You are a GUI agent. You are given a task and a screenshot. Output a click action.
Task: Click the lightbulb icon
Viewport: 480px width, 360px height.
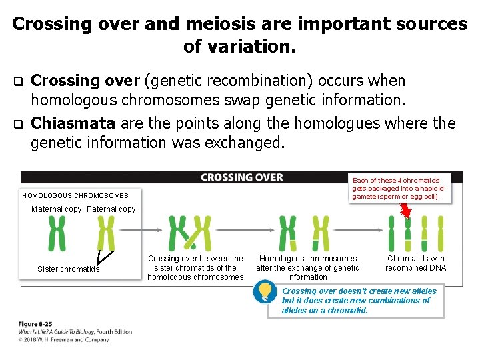tap(266, 291)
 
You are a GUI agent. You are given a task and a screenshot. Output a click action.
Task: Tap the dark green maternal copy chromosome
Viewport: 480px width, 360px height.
tap(57, 233)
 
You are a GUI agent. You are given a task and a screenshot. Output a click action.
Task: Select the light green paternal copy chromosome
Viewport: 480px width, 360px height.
tap(105, 233)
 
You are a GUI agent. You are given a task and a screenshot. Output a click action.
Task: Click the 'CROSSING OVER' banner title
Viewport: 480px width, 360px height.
tap(242, 177)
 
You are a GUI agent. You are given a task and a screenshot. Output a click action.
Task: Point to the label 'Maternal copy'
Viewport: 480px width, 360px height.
tap(57, 209)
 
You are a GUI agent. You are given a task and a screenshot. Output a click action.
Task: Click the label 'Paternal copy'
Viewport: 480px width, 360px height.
tap(111, 209)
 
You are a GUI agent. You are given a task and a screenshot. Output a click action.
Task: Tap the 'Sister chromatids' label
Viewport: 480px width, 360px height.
tap(68, 269)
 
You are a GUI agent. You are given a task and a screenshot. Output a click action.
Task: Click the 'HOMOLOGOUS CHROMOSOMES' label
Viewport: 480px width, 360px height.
tap(75, 196)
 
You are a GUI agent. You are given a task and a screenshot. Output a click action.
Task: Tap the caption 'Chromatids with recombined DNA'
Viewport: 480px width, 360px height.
tap(416, 263)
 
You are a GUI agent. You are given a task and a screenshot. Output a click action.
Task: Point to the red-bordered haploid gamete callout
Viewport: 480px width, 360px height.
tap(401, 189)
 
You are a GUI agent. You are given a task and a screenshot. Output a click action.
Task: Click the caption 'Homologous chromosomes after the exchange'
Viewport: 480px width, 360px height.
tap(307, 267)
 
